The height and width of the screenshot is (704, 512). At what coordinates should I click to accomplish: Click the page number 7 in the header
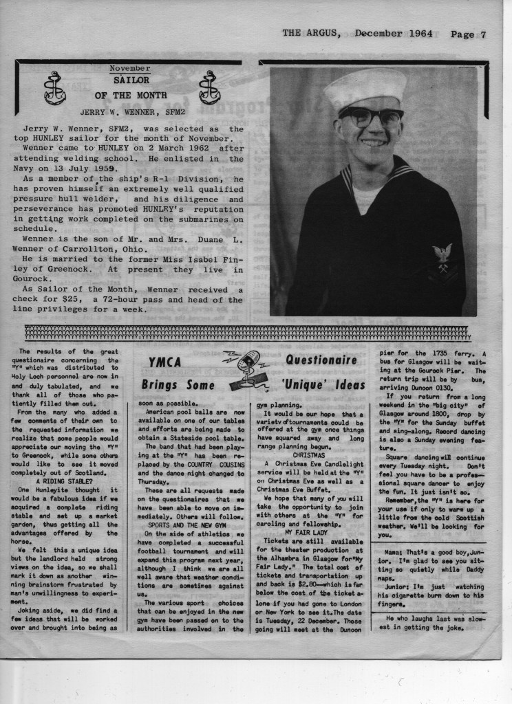pyautogui.click(x=484, y=34)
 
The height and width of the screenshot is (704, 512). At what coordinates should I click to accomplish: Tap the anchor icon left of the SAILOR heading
pyautogui.click(x=54, y=88)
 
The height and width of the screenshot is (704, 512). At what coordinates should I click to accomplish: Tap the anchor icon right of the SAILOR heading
pyautogui.click(x=209, y=87)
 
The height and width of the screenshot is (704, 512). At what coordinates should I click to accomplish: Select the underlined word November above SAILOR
pyautogui.click(x=129, y=69)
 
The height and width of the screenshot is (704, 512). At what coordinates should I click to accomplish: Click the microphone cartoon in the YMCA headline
pyautogui.click(x=245, y=368)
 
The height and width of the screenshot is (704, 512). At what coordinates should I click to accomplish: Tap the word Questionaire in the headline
pyautogui.click(x=321, y=360)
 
